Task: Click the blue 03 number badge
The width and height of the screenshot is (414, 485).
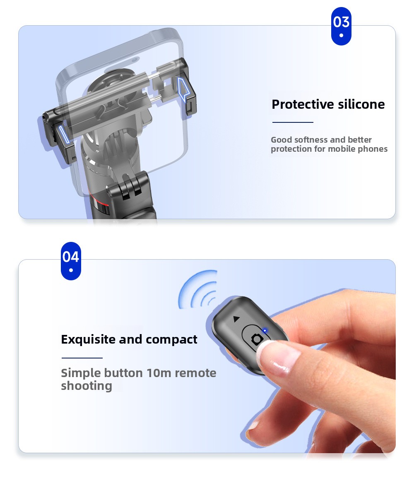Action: pyautogui.click(x=341, y=26)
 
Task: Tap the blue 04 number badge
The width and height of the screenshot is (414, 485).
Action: pyautogui.click(x=71, y=261)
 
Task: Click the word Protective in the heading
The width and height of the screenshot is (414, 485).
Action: pyautogui.click(x=303, y=105)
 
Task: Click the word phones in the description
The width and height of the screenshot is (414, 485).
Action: pyautogui.click(x=373, y=149)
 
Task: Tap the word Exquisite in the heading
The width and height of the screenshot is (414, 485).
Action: pyautogui.click(x=89, y=339)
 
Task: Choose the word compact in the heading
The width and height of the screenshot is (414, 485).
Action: pyautogui.click(x=171, y=340)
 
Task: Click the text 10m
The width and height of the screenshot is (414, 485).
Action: pyautogui.click(x=159, y=373)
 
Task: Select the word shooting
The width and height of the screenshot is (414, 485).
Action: pyautogui.click(x=87, y=386)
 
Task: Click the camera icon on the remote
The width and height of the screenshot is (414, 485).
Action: pyautogui.click(x=257, y=339)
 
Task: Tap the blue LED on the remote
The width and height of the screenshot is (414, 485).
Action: pyautogui.click(x=265, y=330)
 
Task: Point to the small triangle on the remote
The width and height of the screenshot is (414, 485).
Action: pyautogui.click(x=236, y=319)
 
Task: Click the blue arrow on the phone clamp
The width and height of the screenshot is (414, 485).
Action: pyautogui.click(x=183, y=89)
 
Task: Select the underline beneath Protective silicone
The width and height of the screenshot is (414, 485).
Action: pyautogui.click(x=293, y=122)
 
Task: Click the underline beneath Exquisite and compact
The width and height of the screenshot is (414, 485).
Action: pyautogui.click(x=82, y=358)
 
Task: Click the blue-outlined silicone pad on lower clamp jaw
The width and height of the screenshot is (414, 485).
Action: pyautogui.click(x=64, y=134)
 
